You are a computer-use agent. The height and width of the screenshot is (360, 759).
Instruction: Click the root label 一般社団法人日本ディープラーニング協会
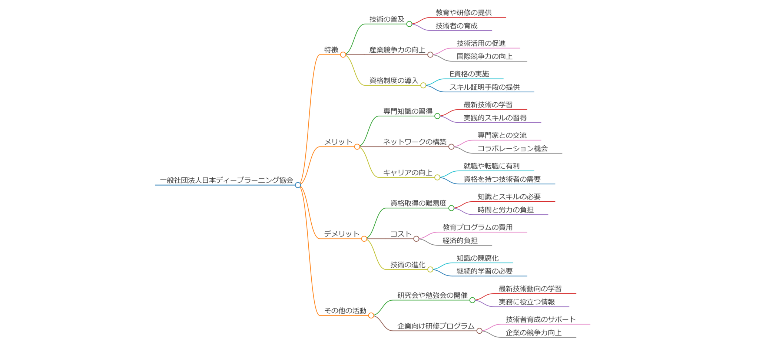[226, 180]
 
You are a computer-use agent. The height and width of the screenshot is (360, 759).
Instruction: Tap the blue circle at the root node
[298, 185]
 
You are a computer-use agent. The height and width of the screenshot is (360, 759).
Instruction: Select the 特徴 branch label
[331, 50]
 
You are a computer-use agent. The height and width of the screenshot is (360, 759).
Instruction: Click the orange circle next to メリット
[357, 147]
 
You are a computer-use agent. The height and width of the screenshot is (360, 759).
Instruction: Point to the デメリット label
[342, 234]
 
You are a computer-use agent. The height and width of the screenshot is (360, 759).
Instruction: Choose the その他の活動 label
[345, 311]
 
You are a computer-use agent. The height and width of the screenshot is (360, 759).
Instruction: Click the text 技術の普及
[387, 19]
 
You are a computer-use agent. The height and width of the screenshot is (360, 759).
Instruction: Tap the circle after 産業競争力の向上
[430, 55]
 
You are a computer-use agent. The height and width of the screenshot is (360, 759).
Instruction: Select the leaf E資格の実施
[469, 74]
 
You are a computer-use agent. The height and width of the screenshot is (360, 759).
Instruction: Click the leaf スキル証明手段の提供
[485, 87]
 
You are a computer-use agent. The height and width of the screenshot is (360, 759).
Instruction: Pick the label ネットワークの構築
[415, 142]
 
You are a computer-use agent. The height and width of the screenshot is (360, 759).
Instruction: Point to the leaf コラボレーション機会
[513, 149]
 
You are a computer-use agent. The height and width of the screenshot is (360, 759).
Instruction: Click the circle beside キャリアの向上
[437, 178]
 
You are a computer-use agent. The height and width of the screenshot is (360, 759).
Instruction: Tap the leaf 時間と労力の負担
[506, 210]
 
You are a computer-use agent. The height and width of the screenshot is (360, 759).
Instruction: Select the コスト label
[401, 234]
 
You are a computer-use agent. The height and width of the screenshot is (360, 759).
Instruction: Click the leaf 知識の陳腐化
[477, 258]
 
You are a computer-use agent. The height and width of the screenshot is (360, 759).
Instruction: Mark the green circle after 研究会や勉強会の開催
[473, 300]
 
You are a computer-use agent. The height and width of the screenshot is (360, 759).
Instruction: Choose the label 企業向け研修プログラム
[436, 326]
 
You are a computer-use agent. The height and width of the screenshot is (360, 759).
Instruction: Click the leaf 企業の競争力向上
[534, 333]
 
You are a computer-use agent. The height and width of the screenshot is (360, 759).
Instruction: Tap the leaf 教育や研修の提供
[464, 13]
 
